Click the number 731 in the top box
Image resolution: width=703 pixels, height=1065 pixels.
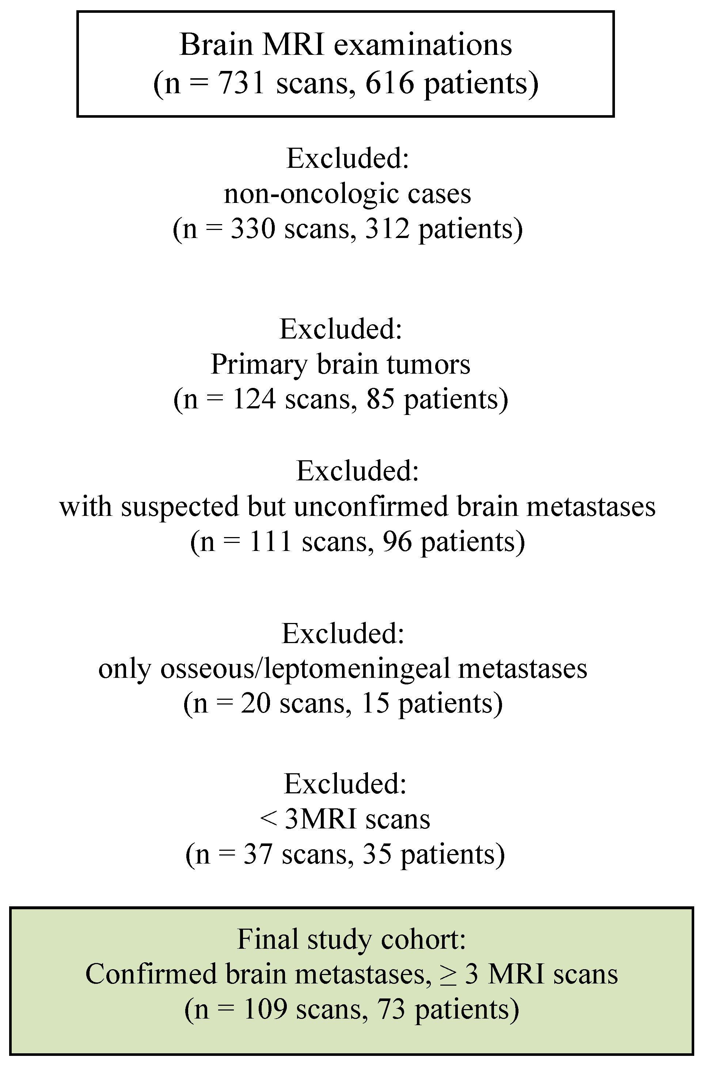point(242,83)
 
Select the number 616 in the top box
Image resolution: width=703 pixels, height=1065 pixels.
point(389,83)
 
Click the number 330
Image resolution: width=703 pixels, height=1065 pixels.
point(253,229)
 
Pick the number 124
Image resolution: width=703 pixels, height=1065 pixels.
point(254,399)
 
